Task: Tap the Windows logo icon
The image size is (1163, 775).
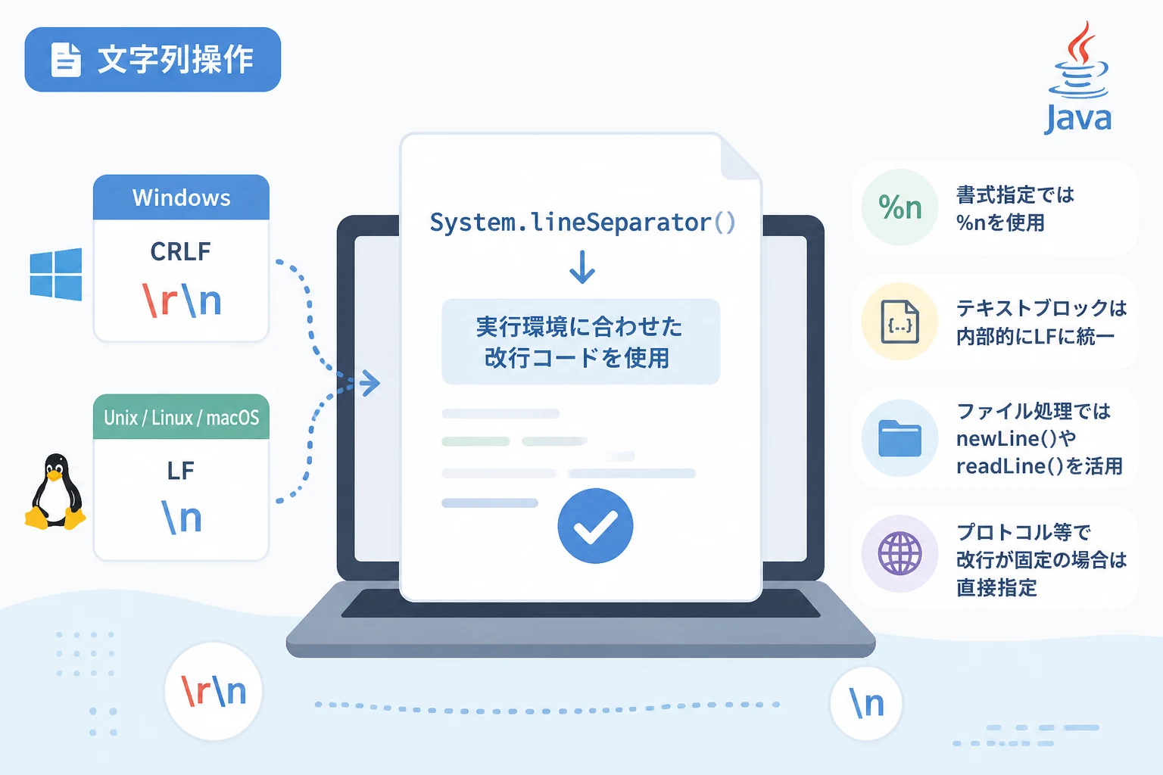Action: [x=56, y=274]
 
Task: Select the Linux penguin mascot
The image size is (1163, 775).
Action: [x=55, y=492]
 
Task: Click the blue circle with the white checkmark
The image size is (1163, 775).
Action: [x=595, y=526]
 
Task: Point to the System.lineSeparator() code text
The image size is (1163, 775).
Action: [x=582, y=223]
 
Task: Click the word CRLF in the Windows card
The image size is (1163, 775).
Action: [x=181, y=252]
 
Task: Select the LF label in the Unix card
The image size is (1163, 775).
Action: [x=181, y=471]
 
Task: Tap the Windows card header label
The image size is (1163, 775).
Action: [x=181, y=198]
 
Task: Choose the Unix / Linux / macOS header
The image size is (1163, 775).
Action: [x=181, y=417]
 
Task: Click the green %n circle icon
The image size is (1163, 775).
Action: [x=900, y=207]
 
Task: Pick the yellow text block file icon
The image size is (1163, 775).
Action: [x=900, y=322]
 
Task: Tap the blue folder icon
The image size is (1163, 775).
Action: [x=900, y=438]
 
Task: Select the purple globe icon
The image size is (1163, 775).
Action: [x=900, y=553]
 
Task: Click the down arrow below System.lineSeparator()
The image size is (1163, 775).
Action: [x=582, y=267]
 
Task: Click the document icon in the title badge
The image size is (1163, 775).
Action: [x=66, y=60]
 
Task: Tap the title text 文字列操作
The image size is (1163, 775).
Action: [x=176, y=60]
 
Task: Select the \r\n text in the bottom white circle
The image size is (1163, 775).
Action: [x=214, y=691]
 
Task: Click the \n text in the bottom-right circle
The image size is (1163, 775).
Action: [x=866, y=703]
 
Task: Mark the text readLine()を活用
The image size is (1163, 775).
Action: [x=1040, y=465]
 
